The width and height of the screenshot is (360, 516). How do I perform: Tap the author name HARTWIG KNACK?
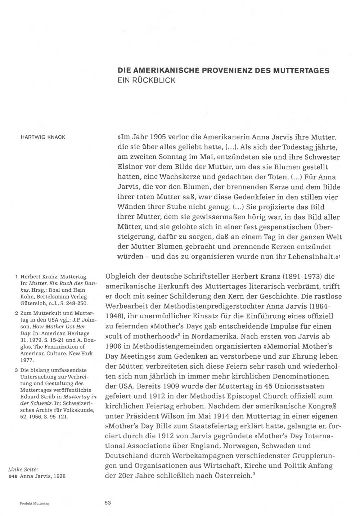[43, 138]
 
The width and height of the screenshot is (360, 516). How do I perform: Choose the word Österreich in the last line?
[233, 475]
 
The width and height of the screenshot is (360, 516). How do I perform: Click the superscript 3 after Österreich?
[254, 474]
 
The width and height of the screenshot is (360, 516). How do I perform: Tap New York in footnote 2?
[81, 353]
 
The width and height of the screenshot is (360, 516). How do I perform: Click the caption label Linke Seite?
[23, 469]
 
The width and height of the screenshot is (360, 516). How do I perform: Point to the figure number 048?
[13, 476]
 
